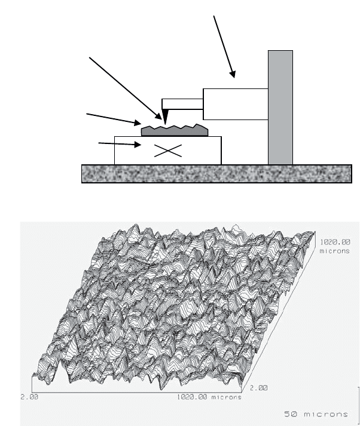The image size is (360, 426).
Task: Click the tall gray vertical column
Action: click(280, 108)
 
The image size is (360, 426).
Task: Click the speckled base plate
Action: click(216, 174)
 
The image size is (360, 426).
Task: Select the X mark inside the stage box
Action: click(168, 151)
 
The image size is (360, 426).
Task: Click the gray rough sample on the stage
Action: click(175, 130)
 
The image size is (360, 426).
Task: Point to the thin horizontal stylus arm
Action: click(182, 104)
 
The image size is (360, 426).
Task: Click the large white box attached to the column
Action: click(236, 104)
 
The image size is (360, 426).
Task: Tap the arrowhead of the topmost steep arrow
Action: click(233, 74)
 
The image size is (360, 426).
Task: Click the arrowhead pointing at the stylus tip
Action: click(158, 116)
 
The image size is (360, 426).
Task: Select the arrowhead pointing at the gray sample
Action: click(138, 123)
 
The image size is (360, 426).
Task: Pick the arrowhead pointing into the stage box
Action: click(138, 145)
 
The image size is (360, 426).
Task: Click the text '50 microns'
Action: click(316, 414)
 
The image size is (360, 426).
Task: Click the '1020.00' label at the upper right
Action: click(335, 242)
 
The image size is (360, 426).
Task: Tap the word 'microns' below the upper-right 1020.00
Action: click(334, 251)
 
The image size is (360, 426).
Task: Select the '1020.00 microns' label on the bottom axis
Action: click(209, 397)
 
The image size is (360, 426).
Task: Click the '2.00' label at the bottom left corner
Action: click(29, 397)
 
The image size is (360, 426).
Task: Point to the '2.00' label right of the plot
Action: click(258, 388)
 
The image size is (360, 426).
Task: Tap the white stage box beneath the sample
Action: click(168, 151)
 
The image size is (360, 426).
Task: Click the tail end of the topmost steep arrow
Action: click(213, 16)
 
